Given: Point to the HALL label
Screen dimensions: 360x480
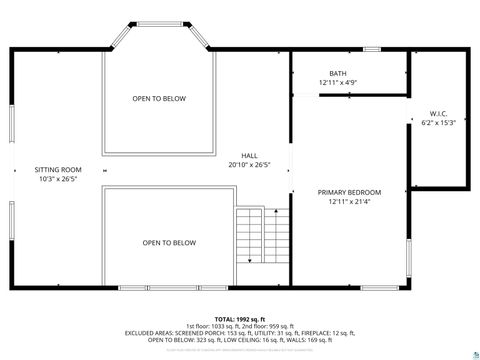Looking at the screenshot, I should tap(249, 155).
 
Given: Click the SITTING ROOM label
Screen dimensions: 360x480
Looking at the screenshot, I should tap(58, 170).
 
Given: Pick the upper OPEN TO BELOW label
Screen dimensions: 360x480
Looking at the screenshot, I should tap(159, 98).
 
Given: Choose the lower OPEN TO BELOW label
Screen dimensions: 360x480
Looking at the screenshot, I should tap(168, 242).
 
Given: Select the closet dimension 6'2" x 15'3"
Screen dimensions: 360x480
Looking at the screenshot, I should tap(441, 122).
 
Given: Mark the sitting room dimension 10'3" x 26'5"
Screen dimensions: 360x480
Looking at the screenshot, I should tap(58, 180).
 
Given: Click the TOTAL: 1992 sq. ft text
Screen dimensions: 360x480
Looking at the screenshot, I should tap(239, 318).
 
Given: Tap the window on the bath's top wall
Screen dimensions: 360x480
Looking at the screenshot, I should tap(372, 49).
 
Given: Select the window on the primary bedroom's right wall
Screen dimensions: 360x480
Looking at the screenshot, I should tap(410, 258).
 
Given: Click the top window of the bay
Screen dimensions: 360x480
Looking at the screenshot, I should tap(159, 22).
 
